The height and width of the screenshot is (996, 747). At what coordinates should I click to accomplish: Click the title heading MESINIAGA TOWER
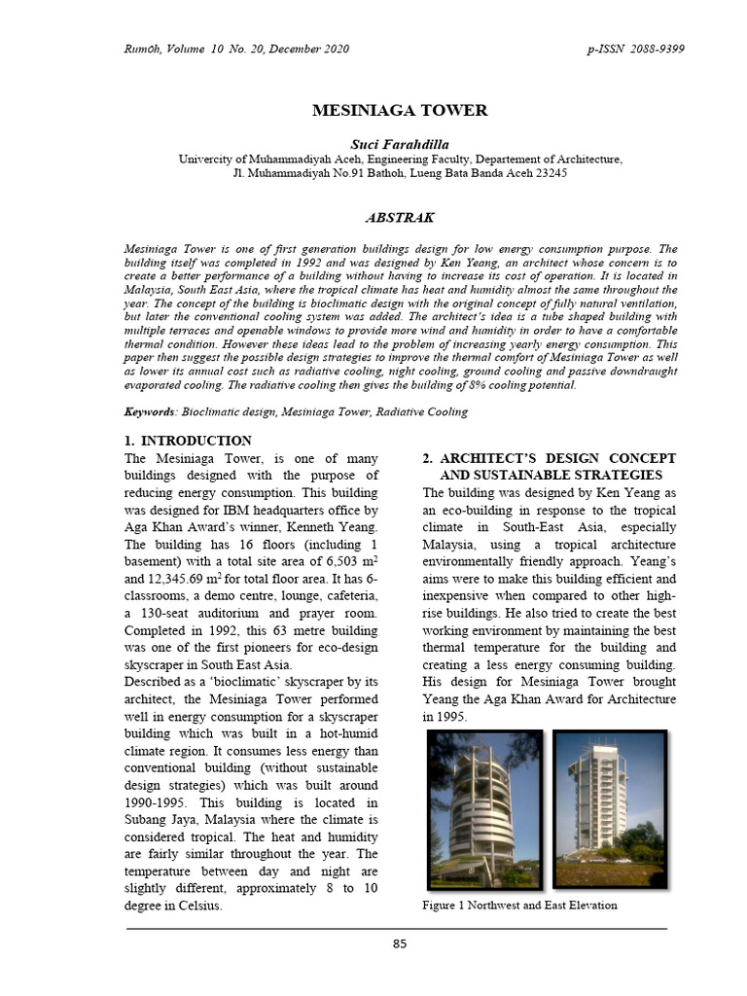(x=400, y=111)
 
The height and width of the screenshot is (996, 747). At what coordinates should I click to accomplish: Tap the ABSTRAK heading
(x=399, y=218)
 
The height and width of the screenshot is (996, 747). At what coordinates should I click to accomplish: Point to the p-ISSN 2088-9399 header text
(x=636, y=49)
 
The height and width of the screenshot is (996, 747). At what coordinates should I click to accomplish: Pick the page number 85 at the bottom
(x=399, y=943)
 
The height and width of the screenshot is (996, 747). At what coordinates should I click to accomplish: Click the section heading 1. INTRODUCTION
(x=189, y=441)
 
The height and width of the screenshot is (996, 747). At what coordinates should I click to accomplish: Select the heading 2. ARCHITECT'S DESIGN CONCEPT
(x=550, y=458)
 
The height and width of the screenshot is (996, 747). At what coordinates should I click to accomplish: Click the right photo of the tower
(x=609, y=809)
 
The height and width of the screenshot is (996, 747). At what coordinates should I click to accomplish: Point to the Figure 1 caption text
(x=519, y=906)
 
